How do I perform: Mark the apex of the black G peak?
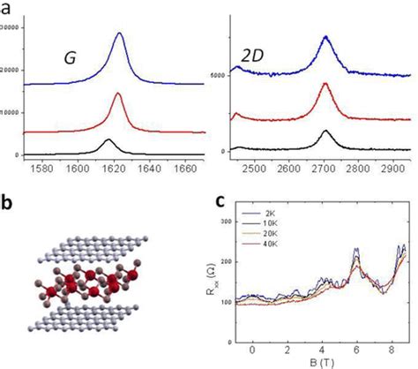[108, 139]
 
